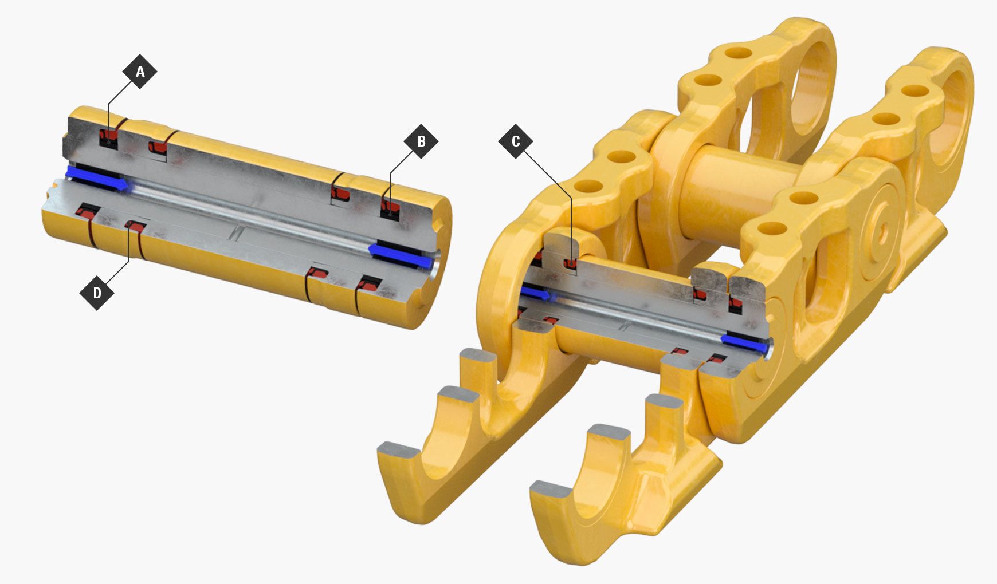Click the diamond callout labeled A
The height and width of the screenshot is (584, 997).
139,72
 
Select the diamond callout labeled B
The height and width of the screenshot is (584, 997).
421,141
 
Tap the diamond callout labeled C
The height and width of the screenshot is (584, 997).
516,141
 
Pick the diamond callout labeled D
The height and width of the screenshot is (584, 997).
97,293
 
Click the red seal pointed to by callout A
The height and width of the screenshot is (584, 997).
109,136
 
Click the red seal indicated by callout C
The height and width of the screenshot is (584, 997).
570,263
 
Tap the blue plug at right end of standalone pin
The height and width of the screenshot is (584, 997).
401,255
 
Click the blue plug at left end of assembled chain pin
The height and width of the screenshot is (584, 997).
533,294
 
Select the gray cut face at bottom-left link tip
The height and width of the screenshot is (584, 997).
397,451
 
